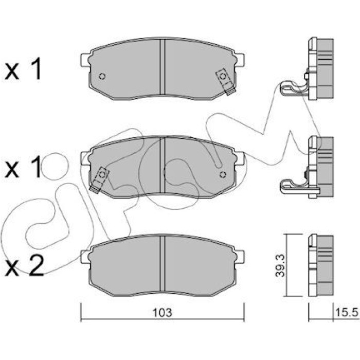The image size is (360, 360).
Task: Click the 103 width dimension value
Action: pyautogui.click(x=163, y=313)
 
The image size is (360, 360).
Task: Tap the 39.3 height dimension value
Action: pyautogui.click(x=280, y=266)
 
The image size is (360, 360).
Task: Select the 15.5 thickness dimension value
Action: pyautogui.click(x=347, y=313)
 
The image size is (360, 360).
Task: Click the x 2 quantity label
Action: pyautogui.click(x=24, y=266)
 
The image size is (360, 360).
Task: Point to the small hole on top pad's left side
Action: pyautogui.click(x=102, y=76)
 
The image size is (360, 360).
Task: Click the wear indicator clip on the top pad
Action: pyautogui.click(x=225, y=81)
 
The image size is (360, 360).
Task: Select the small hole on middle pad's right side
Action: pyautogui.click(x=223, y=175)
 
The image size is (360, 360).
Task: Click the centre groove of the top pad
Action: pyautogui.click(x=163, y=67)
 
